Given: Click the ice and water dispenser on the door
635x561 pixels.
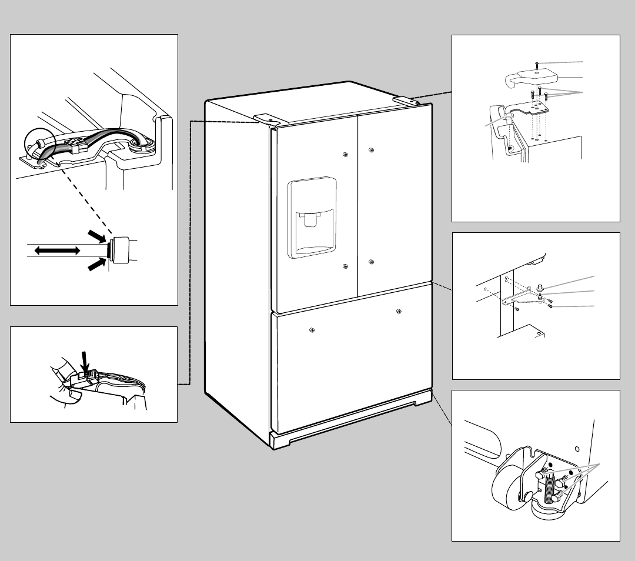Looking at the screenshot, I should pos(312,218).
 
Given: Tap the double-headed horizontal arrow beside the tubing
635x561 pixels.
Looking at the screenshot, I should pos(57,251).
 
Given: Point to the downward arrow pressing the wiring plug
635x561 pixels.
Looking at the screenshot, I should pos(85,360).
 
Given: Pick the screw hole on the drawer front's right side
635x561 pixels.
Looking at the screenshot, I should pos(399,311).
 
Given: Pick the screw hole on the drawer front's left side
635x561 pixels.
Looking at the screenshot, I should pos(311,329).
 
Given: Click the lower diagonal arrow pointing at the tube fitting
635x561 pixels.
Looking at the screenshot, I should pos(95,265).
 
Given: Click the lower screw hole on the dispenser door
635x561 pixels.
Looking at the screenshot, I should pos(345,266).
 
